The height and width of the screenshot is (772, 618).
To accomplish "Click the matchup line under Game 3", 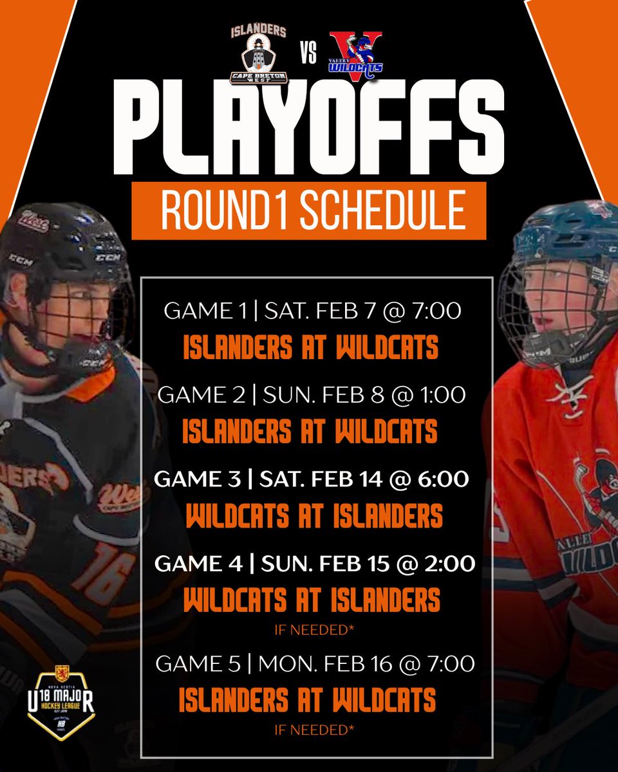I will (314, 515).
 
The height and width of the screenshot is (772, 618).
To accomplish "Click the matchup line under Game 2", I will (310, 431).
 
